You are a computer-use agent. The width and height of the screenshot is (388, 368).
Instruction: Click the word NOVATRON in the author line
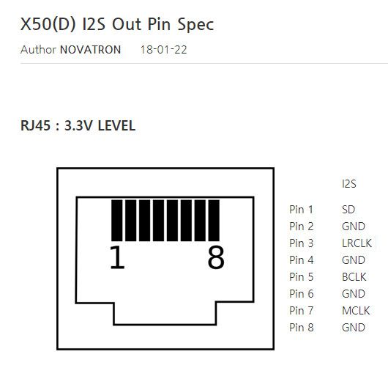(x=91, y=50)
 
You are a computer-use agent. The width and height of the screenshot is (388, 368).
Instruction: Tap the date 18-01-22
(x=163, y=50)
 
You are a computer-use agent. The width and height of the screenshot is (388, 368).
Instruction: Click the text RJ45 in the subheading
(x=36, y=125)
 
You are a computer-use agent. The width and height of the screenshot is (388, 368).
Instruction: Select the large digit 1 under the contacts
(x=117, y=257)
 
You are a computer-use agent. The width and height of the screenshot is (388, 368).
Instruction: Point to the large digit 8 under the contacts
(x=216, y=257)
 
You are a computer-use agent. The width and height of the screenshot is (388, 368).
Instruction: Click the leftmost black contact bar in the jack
(x=117, y=221)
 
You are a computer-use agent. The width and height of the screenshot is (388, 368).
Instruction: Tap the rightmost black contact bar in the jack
(x=214, y=221)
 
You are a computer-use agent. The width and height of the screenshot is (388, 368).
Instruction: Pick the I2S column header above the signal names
(x=349, y=184)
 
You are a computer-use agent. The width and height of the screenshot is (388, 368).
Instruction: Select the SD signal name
(x=348, y=210)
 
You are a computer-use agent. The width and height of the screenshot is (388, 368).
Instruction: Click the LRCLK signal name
(x=357, y=243)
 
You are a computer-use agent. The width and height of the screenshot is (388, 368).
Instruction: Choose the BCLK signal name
(x=354, y=277)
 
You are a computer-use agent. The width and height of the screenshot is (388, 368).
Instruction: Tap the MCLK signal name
(x=356, y=311)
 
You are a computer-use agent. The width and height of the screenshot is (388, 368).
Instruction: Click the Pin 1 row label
(x=301, y=210)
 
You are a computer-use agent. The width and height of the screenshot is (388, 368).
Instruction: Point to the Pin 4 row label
(x=302, y=260)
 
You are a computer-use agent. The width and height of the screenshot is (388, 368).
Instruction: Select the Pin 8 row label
(x=302, y=328)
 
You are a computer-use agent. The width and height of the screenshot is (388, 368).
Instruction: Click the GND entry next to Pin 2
(x=354, y=227)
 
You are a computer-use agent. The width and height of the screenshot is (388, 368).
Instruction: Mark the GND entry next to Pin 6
(x=354, y=294)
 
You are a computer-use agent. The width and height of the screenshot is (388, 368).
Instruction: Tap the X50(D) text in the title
(x=48, y=24)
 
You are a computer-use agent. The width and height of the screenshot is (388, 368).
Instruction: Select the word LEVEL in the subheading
(x=116, y=125)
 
